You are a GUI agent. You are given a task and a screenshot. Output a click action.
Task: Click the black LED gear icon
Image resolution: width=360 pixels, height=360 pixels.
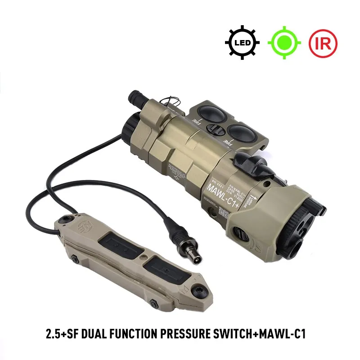click(x=242, y=43)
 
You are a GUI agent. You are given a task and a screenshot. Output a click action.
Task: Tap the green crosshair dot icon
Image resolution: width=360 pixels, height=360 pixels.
click(x=284, y=43)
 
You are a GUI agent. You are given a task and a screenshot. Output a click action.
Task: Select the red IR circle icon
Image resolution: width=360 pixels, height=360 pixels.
click(x=323, y=43)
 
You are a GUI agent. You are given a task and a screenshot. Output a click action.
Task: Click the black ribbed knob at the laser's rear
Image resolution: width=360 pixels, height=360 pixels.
click(x=135, y=96)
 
